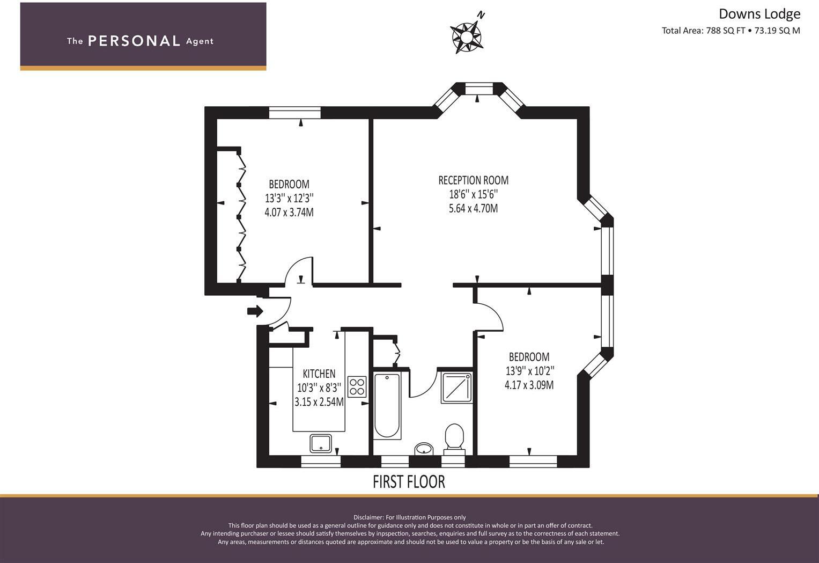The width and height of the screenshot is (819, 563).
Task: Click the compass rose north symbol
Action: [467, 36]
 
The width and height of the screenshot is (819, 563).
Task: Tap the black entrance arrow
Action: [255, 311]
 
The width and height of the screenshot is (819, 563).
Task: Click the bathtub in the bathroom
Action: [387, 405]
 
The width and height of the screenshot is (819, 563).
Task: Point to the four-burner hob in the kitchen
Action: [357, 387]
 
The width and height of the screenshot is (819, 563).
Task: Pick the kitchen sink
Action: [321, 443]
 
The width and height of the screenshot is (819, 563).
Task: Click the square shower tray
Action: [456, 387]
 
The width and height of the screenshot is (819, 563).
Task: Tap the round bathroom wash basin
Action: [424, 449]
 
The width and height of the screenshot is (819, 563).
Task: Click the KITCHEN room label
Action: [319, 374]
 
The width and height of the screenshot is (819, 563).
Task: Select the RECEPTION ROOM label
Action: [473, 180]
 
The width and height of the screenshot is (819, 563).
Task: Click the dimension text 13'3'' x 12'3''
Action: [289, 198]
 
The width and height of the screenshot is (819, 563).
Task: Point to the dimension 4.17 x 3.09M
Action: [529, 385]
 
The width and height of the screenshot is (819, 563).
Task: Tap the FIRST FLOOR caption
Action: [409, 482]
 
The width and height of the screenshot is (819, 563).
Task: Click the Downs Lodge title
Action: [759, 14]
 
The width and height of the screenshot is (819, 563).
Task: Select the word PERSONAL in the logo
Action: [134, 41]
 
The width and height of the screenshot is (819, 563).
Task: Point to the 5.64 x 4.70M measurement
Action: [473, 208]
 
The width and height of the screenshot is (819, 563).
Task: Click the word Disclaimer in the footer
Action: [368, 517]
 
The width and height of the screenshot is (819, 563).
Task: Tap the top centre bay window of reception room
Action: [478, 89]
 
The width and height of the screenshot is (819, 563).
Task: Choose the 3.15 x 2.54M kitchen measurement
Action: [319, 401]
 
